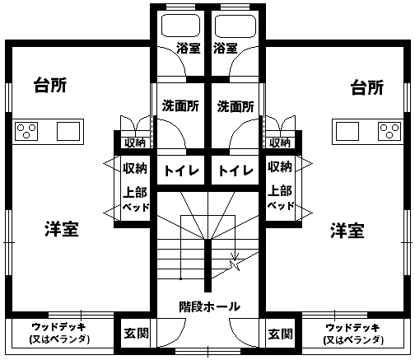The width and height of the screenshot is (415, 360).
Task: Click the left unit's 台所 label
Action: [50, 86]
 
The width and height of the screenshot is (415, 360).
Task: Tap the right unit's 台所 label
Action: [367, 87]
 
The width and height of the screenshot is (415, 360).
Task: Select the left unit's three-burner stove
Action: [26, 131]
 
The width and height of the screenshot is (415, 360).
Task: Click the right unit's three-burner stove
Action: [389, 131]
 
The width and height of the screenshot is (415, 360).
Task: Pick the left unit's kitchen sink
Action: [68, 131]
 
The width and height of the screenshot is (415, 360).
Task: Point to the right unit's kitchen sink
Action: [347, 131]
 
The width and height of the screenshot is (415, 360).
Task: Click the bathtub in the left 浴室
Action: [180, 26]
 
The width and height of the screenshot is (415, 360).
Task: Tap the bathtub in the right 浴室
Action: [235, 26]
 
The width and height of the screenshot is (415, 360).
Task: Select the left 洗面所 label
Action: [180, 106]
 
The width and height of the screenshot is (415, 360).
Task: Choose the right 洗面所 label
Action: [235, 106]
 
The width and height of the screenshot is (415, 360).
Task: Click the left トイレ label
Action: [181, 171]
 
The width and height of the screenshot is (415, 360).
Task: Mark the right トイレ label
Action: [235, 171]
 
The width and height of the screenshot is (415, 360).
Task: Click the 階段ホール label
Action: [210, 306]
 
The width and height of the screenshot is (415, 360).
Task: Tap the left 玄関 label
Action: [137, 334]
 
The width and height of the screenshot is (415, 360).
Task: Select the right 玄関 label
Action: [281, 334]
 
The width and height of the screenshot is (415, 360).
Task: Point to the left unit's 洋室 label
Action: [62, 229]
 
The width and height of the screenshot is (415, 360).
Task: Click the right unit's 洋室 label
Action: [347, 231]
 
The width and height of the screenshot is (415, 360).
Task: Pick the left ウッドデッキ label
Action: [59, 327]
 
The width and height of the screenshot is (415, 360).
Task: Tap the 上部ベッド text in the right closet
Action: [281, 198]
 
